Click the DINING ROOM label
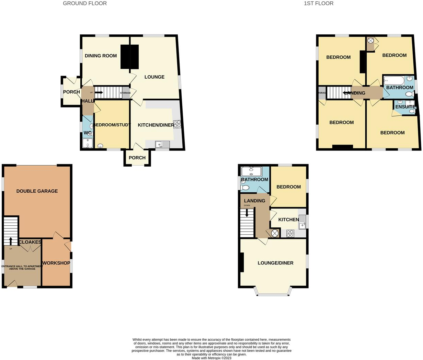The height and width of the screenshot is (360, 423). coord(101,56)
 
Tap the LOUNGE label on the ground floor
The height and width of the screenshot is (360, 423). coord(154,77)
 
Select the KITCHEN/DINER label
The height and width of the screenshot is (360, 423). coord(156,125)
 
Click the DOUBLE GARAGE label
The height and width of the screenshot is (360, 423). coord(37,191)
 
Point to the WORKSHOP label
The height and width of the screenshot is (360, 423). coord(56,263)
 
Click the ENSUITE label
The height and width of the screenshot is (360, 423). coord(405,107)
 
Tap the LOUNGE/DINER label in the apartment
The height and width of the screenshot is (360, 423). coord(275,263)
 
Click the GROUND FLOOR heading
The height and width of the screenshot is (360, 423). coord(85,3)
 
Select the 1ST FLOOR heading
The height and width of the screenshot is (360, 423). coord(318,3)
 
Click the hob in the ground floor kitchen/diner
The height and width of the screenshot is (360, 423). coord(177,124)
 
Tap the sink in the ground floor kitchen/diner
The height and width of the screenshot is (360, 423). coord(162,145)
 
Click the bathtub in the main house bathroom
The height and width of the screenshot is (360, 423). coord(394,80)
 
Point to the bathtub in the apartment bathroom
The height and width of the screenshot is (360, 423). coord(251,171)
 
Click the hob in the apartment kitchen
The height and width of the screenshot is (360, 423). coord(290,233)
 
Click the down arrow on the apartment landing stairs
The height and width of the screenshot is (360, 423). coord(247,214)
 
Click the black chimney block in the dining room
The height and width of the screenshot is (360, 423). coord(130,57)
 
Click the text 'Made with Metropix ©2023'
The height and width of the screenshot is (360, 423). coord(211,358)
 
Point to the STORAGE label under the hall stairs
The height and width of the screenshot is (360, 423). coord(125,93)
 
